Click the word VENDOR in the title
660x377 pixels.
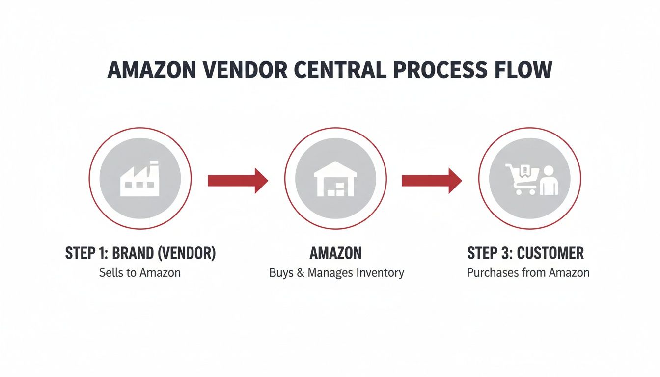click(242, 70)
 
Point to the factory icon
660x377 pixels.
click(140, 180)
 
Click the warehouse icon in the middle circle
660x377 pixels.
click(335, 180)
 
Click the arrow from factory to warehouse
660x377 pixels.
click(238, 181)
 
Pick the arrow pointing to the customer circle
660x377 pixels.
click(432, 181)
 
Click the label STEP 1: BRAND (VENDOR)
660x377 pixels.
click(140, 253)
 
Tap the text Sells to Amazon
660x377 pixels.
click(140, 273)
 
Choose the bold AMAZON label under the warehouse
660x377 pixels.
click(336, 253)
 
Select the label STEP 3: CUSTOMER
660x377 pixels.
click(525, 253)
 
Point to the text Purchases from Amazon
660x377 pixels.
click(528, 273)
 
